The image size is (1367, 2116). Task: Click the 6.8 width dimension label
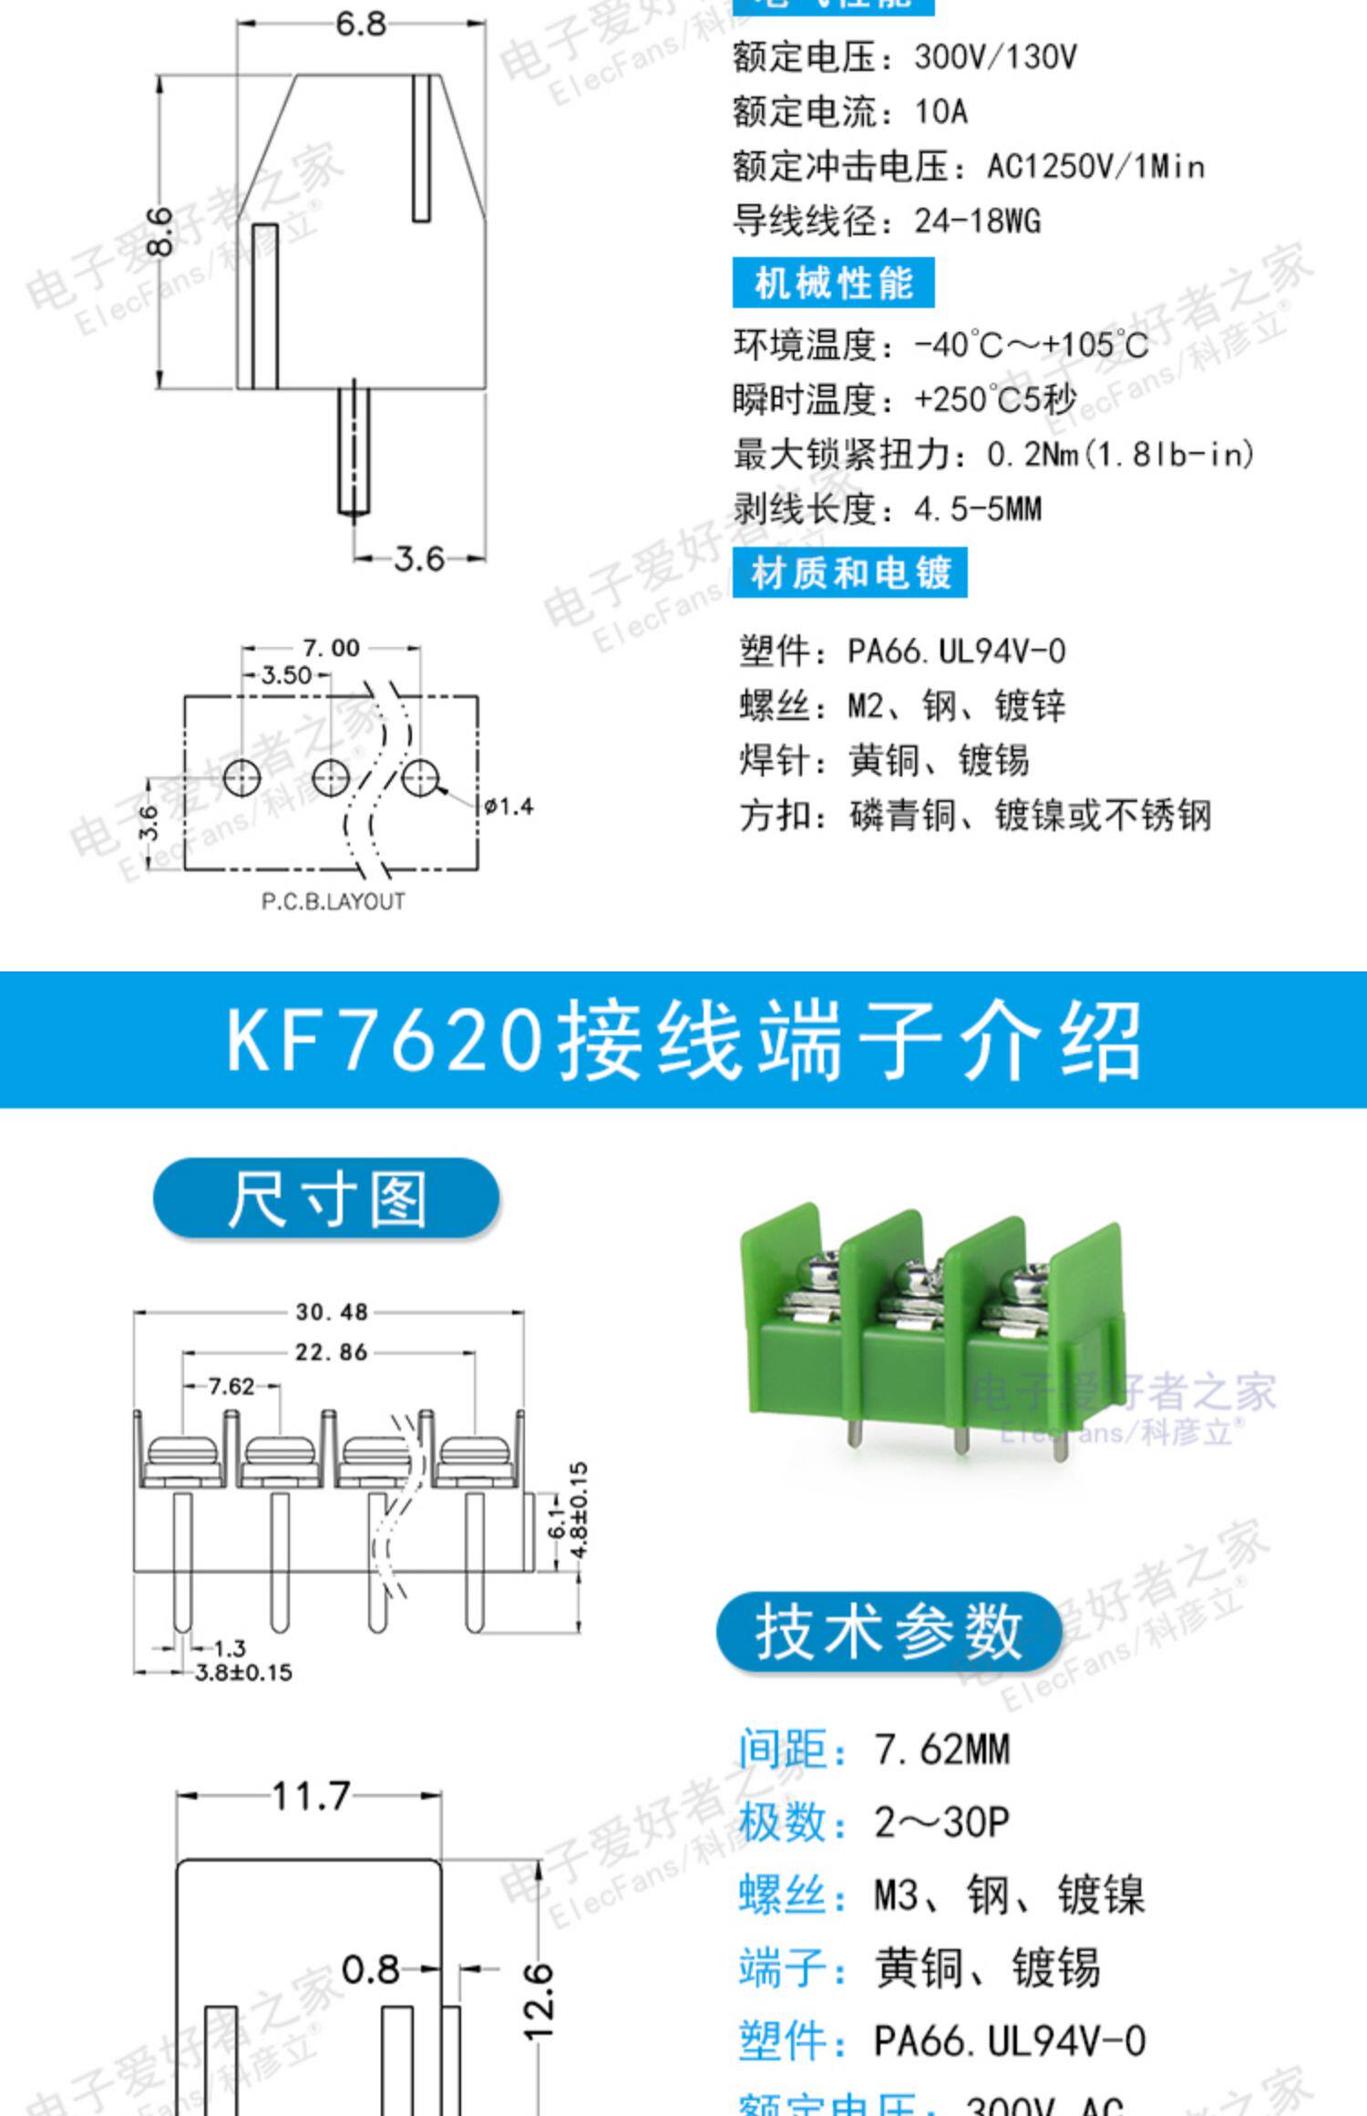click(361, 23)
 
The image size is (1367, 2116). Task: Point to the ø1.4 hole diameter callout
click(509, 806)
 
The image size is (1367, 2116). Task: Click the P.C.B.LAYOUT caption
click(333, 901)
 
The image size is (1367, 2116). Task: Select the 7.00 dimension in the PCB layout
click(332, 648)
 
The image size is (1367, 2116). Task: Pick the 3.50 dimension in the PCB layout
click(285, 675)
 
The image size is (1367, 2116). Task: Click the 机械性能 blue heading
click(833, 283)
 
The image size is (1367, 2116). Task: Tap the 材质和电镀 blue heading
click(849, 573)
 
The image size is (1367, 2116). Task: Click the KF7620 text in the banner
click(384, 1041)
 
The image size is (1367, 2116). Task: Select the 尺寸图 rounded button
click(326, 1198)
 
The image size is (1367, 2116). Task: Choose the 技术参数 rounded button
click(889, 1631)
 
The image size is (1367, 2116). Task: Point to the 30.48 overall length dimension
click(331, 1312)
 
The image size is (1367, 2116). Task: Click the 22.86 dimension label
click(331, 1351)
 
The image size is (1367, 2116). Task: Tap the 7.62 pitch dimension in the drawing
click(231, 1386)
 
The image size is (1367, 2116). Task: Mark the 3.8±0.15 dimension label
click(243, 1672)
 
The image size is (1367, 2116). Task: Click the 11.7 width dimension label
click(310, 1796)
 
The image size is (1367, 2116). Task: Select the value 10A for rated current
click(940, 112)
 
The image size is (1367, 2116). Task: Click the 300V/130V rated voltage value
click(995, 57)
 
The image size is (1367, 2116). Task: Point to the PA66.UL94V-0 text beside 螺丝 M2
click(956, 652)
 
